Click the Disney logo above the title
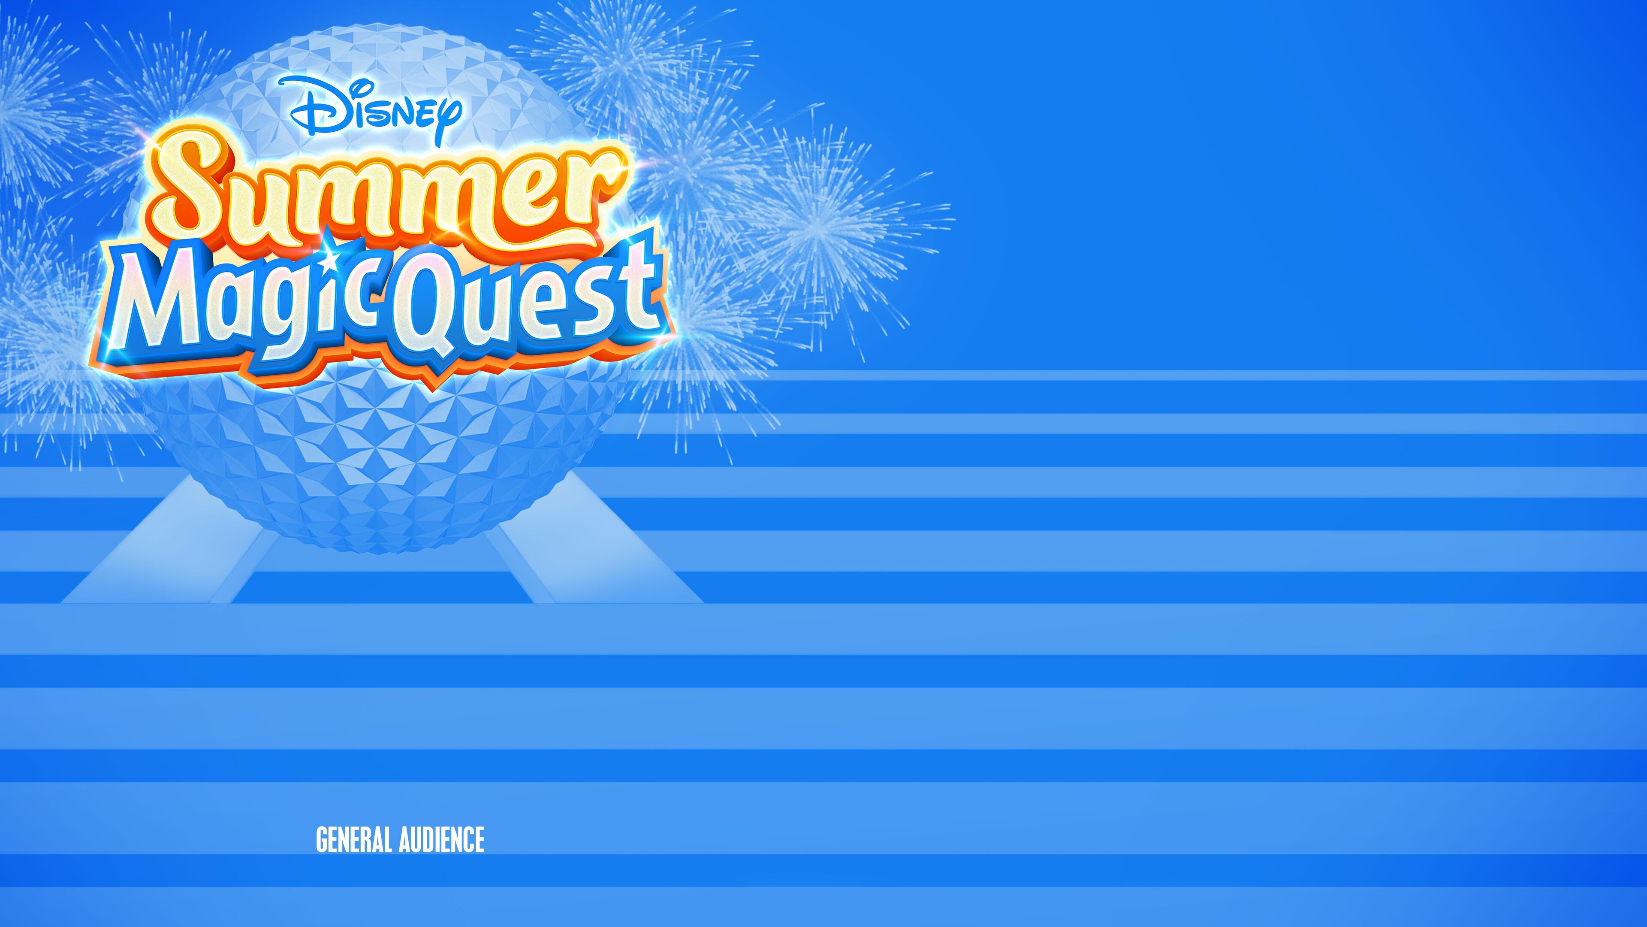pyautogui.click(x=376, y=109)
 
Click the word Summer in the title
pyautogui.click(x=383, y=192)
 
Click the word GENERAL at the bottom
pyautogui.click(x=353, y=839)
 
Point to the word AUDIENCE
pyautogui.click(x=442, y=839)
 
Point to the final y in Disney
pyautogui.click(x=447, y=118)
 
